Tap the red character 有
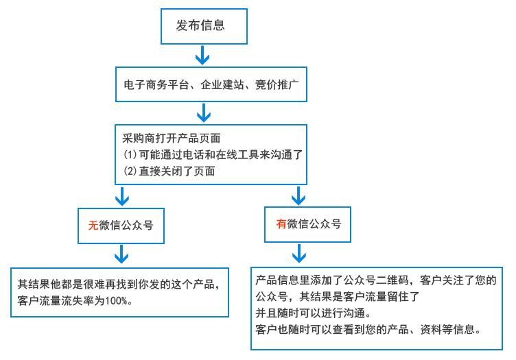click(x=281, y=224)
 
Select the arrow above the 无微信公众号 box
click(x=122, y=197)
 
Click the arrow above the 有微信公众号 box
click(x=298, y=197)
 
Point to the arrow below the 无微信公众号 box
click(x=121, y=255)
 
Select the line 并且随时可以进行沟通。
click(x=314, y=313)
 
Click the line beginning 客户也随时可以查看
click(x=370, y=329)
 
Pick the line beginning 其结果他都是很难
click(x=118, y=285)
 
